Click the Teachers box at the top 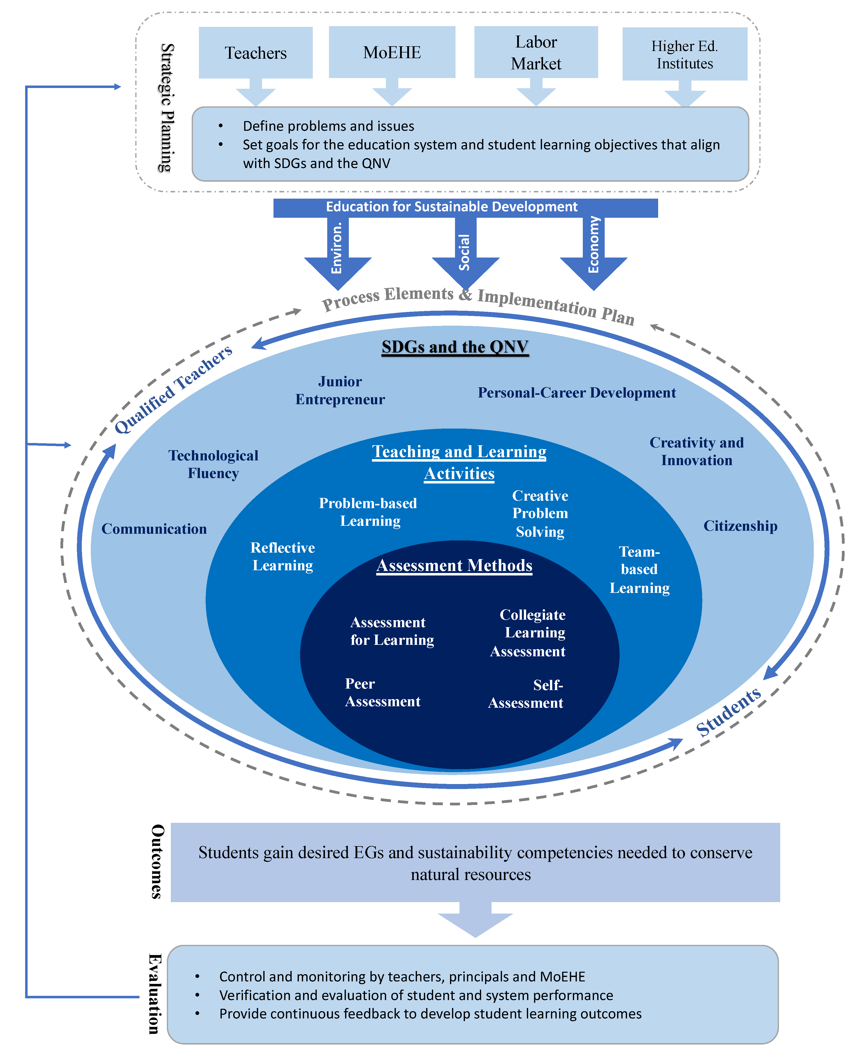point(255,53)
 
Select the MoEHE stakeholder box point(392,52)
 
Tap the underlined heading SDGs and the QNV point(455,347)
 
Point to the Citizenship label point(740,526)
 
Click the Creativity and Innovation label point(696,451)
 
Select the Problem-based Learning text point(368,512)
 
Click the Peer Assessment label point(382,692)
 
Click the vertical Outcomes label point(157,861)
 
